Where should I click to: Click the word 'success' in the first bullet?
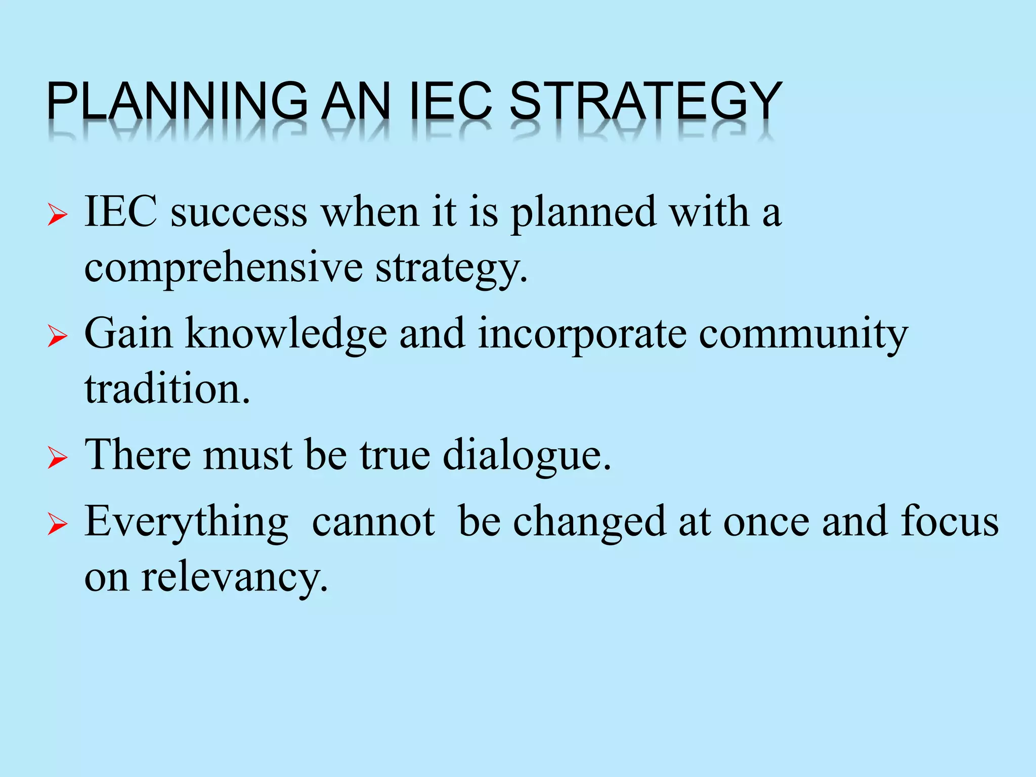(239, 212)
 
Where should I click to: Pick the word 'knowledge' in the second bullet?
(286, 334)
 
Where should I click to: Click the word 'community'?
(803, 334)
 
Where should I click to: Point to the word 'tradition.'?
(167, 390)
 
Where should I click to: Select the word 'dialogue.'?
(527, 456)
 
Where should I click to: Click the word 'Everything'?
(187, 523)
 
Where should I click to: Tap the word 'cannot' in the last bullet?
(373, 522)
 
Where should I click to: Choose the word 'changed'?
(589, 523)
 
